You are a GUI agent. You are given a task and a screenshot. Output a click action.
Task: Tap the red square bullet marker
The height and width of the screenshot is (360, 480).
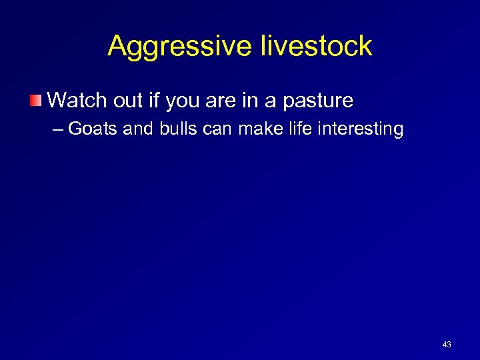click(36, 101)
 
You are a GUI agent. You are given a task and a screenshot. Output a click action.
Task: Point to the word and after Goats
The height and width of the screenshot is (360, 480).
click(138, 128)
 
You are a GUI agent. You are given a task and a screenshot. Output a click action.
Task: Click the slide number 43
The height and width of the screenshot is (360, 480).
click(447, 345)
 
